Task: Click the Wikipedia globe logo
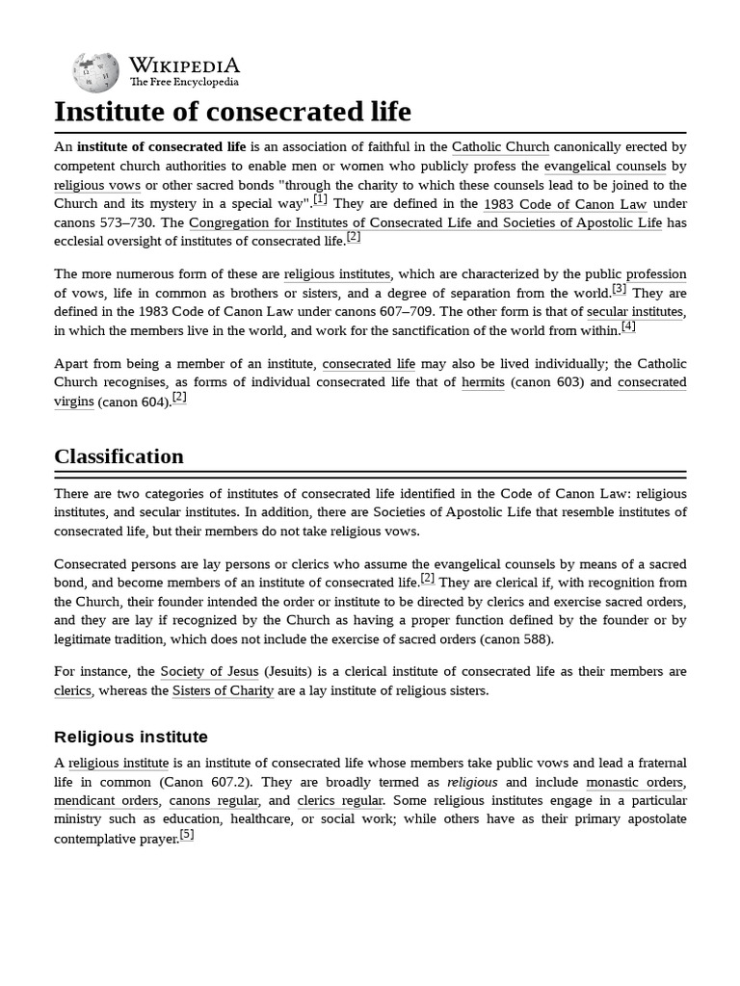pyautogui.click(x=95, y=72)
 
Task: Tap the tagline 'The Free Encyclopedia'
pyautogui.click(x=185, y=83)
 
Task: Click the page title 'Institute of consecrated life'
pyautogui.click(x=232, y=112)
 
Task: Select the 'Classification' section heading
pyautogui.click(x=119, y=456)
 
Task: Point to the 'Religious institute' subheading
pyautogui.click(x=131, y=737)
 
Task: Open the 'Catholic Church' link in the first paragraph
pyautogui.click(x=500, y=147)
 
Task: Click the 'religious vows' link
pyautogui.click(x=97, y=185)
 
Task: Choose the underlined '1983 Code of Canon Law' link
pyautogui.click(x=565, y=204)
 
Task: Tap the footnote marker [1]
pyautogui.click(x=320, y=199)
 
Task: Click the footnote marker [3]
pyautogui.click(x=620, y=288)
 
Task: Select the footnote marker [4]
pyautogui.click(x=628, y=325)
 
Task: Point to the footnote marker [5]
pyautogui.click(x=187, y=834)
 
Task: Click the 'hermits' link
pyautogui.click(x=483, y=382)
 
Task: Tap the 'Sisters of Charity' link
pyautogui.click(x=223, y=690)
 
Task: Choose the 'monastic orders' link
pyautogui.click(x=635, y=782)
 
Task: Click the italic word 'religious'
pyautogui.click(x=472, y=782)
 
